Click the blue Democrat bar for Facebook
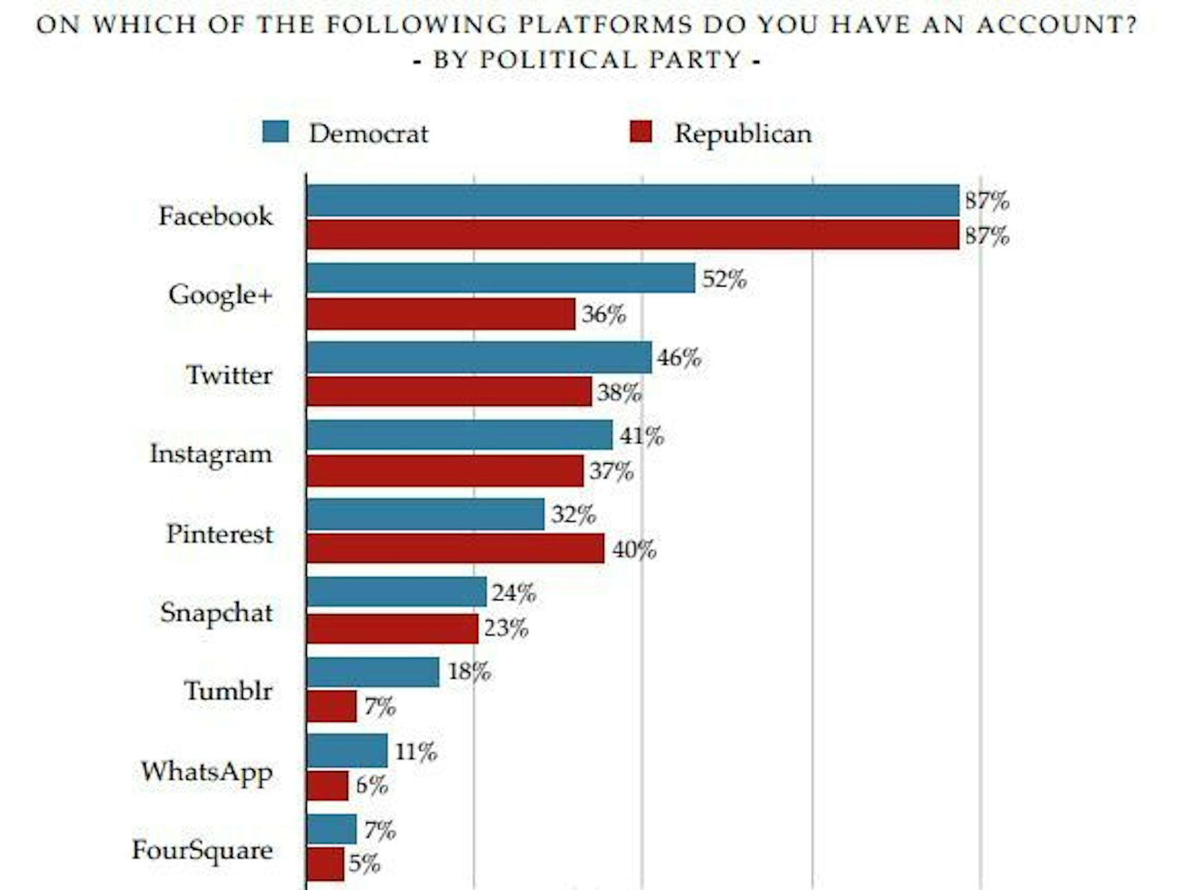[633, 200]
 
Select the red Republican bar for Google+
[441, 314]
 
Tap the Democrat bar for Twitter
[479, 358]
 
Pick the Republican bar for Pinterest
[455, 548]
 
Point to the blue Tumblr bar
[373, 672]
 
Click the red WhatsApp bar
[328, 785]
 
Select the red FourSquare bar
[325, 864]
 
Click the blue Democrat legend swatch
[275, 132]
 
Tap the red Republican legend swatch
[641, 132]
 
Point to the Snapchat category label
[216, 613]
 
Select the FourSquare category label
[202, 851]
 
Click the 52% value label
[724, 279]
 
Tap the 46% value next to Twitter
[679, 358]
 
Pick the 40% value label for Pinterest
[634, 549]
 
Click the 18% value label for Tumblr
[469, 671]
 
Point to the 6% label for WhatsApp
[372, 785]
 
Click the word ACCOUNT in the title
[1056, 25]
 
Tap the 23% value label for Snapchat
[506, 628]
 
